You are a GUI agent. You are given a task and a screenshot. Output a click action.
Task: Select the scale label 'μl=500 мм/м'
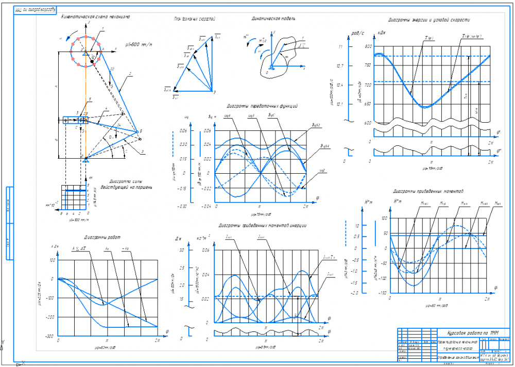139,44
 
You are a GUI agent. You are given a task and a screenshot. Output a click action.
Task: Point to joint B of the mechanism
138,132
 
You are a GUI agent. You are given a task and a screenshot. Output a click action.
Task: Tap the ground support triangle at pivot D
86,161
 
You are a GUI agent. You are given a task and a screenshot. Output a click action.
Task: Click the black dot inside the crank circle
92,61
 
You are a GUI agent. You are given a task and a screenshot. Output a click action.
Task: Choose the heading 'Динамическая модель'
273,19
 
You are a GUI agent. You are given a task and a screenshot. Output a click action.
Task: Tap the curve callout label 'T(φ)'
428,38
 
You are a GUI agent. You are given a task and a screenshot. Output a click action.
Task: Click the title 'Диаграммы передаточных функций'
262,106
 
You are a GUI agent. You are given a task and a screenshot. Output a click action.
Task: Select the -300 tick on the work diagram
50,337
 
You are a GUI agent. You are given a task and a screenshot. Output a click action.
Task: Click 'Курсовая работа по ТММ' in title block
466,331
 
